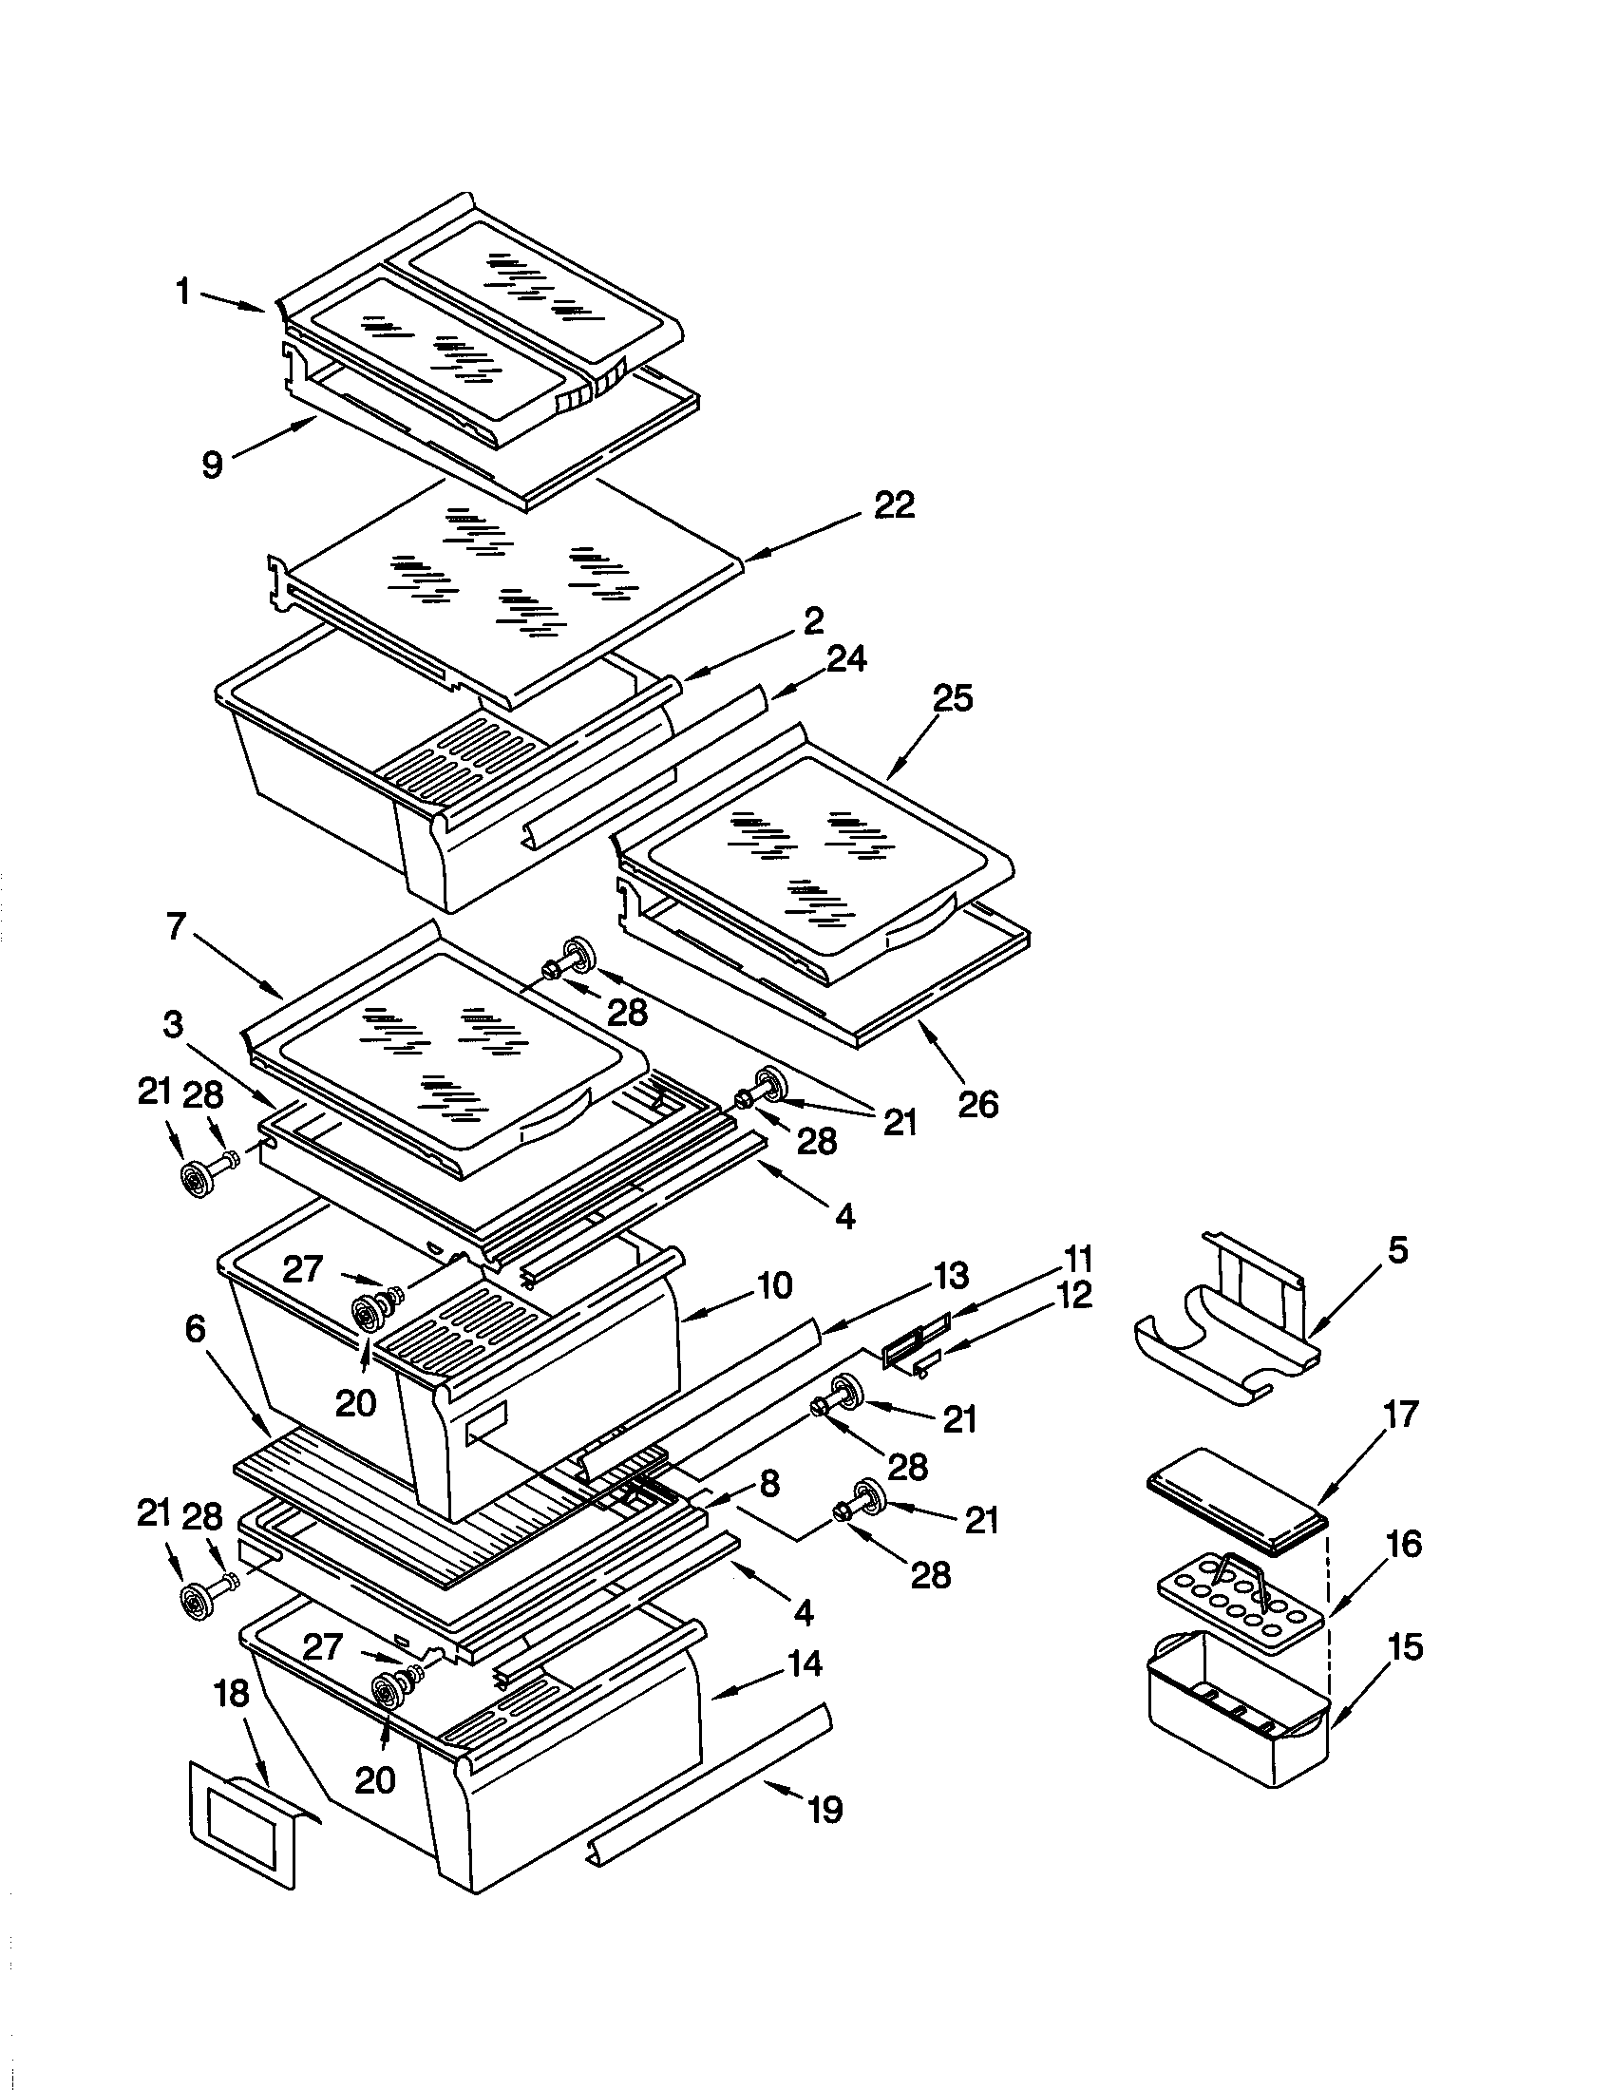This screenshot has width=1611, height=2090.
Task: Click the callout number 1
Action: pos(182,292)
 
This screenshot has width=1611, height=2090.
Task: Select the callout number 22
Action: pos(895,504)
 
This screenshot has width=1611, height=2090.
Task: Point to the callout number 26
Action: pos(977,1104)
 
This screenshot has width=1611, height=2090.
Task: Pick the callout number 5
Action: pos(1397,1250)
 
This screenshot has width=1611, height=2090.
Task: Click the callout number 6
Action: pos(195,1329)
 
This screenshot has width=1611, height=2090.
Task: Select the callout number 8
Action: pos(768,1484)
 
